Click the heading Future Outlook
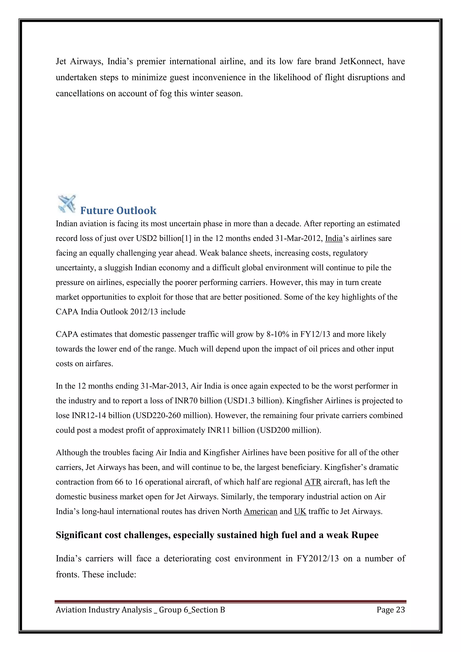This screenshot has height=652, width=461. point(118,211)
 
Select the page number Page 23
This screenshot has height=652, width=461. point(391,610)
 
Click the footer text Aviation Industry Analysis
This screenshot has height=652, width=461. point(104,610)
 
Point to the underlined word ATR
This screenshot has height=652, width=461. point(313,482)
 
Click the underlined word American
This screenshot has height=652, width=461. point(260,512)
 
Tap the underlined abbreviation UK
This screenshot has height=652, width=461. point(300,512)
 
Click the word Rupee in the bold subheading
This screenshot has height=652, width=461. point(365,535)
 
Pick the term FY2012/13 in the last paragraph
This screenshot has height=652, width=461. point(318,559)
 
